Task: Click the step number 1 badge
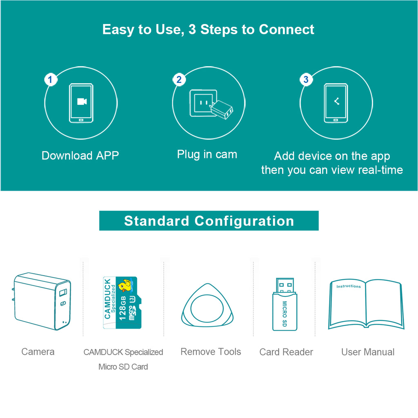click(50, 80)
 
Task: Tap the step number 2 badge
click(178, 80)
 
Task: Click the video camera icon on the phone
click(82, 102)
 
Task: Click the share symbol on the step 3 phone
click(336, 101)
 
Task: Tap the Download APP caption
click(80, 156)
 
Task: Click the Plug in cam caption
click(207, 154)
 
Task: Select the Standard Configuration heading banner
click(209, 221)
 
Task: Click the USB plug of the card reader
click(285, 285)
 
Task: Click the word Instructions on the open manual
click(349, 287)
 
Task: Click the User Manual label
click(368, 352)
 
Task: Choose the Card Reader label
click(286, 352)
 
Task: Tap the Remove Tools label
click(211, 352)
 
